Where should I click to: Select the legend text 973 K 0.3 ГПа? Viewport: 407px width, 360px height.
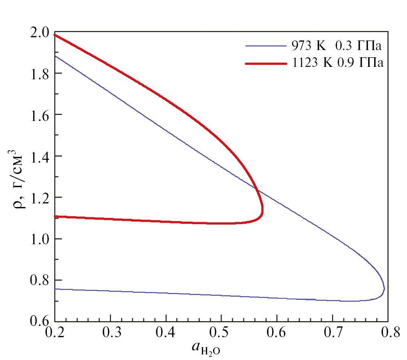[x=334, y=47]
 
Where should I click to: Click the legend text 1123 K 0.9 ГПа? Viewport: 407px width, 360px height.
[x=336, y=63]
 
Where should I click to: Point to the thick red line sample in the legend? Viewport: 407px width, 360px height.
[x=266, y=64]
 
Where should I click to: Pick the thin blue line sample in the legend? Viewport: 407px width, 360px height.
[x=266, y=47]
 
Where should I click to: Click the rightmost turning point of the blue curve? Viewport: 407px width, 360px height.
[x=384, y=289]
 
